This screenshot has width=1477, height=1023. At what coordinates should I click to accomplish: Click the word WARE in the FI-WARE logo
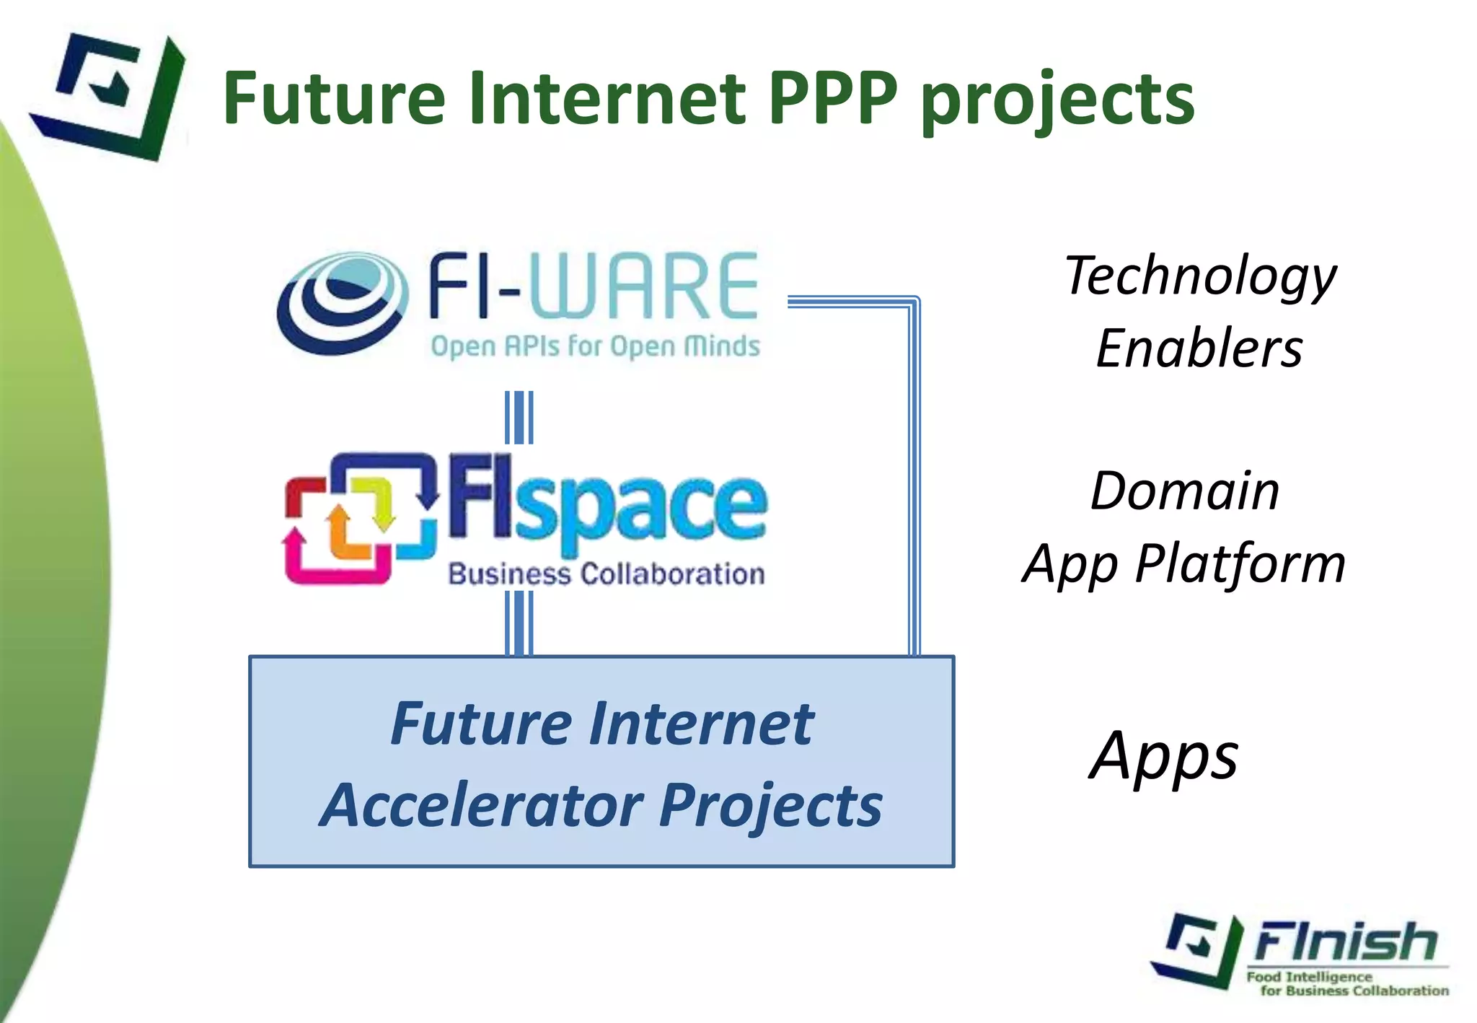(644, 286)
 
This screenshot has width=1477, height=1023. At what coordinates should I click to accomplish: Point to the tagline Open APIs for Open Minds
(595, 346)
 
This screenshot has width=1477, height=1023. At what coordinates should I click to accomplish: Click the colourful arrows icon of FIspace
(360, 517)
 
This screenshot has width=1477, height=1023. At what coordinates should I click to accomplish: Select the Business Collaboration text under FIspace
(606, 574)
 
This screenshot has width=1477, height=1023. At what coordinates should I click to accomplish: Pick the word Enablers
(1199, 349)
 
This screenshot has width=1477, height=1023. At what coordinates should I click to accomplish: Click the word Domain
(1185, 492)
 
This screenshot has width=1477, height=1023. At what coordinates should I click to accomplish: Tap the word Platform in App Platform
(1240, 564)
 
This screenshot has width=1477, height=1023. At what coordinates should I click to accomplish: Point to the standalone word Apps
(1163, 757)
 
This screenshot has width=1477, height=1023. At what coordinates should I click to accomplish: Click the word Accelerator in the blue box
(481, 806)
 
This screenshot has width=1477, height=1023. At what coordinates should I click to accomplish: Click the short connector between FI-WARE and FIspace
(519, 417)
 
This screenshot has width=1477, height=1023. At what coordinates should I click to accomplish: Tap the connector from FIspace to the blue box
(519, 623)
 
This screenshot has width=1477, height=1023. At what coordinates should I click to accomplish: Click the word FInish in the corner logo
(1346, 941)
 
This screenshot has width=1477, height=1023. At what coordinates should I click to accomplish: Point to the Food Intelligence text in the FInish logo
(1309, 977)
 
